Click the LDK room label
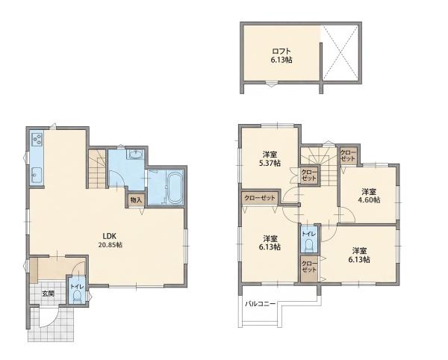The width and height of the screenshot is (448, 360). pos(109,236)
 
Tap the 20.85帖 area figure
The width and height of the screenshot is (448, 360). pos(110,245)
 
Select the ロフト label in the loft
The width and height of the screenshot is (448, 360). pos(281,52)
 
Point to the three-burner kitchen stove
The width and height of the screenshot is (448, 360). pos(37,140)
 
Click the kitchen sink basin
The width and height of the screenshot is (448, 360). pos(37,174)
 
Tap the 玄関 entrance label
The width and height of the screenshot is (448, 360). pos(49,294)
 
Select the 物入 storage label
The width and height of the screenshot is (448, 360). pos(136,200)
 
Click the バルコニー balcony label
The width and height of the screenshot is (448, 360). pos(261,304)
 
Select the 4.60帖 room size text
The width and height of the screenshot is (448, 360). pos(369,200)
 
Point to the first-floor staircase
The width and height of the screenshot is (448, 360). pos(97,169)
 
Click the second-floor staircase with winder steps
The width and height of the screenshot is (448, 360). pos(319,166)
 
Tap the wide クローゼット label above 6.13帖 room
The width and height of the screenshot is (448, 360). pos(260,198)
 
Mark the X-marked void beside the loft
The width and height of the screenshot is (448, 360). pos(340,53)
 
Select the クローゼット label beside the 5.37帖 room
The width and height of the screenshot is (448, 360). pos(309,175)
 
